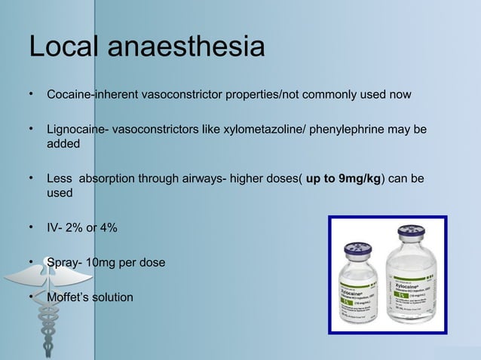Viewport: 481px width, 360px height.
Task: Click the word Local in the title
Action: point(63,47)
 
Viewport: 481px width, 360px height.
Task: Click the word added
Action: point(63,144)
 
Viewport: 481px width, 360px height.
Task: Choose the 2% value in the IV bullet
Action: point(73,227)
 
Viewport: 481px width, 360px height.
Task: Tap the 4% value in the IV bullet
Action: point(106,227)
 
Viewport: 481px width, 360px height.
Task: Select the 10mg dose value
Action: point(101,262)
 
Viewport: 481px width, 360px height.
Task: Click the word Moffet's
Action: point(70,297)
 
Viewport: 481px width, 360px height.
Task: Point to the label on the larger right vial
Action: point(410,298)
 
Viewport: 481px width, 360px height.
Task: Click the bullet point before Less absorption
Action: point(32,179)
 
